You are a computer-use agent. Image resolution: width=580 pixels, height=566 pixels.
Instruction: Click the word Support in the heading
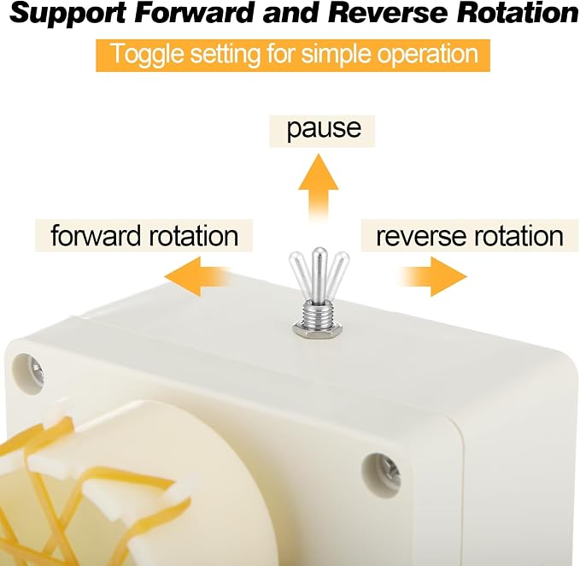[67, 14]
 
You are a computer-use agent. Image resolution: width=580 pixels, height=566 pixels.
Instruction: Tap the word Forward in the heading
[194, 13]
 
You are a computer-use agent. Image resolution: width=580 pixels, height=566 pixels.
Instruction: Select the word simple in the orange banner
[334, 55]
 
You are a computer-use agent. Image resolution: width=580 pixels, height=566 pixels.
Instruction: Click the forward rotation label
[144, 235]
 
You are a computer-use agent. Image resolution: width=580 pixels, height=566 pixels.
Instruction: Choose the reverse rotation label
[470, 236]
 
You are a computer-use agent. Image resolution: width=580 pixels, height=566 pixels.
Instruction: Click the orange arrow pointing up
[318, 188]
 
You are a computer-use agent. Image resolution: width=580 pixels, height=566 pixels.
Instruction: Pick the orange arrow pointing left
[198, 276]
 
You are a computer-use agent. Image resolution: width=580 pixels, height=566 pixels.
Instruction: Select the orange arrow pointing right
[433, 276]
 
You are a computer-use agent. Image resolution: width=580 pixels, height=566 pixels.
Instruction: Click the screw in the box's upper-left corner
[36, 373]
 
